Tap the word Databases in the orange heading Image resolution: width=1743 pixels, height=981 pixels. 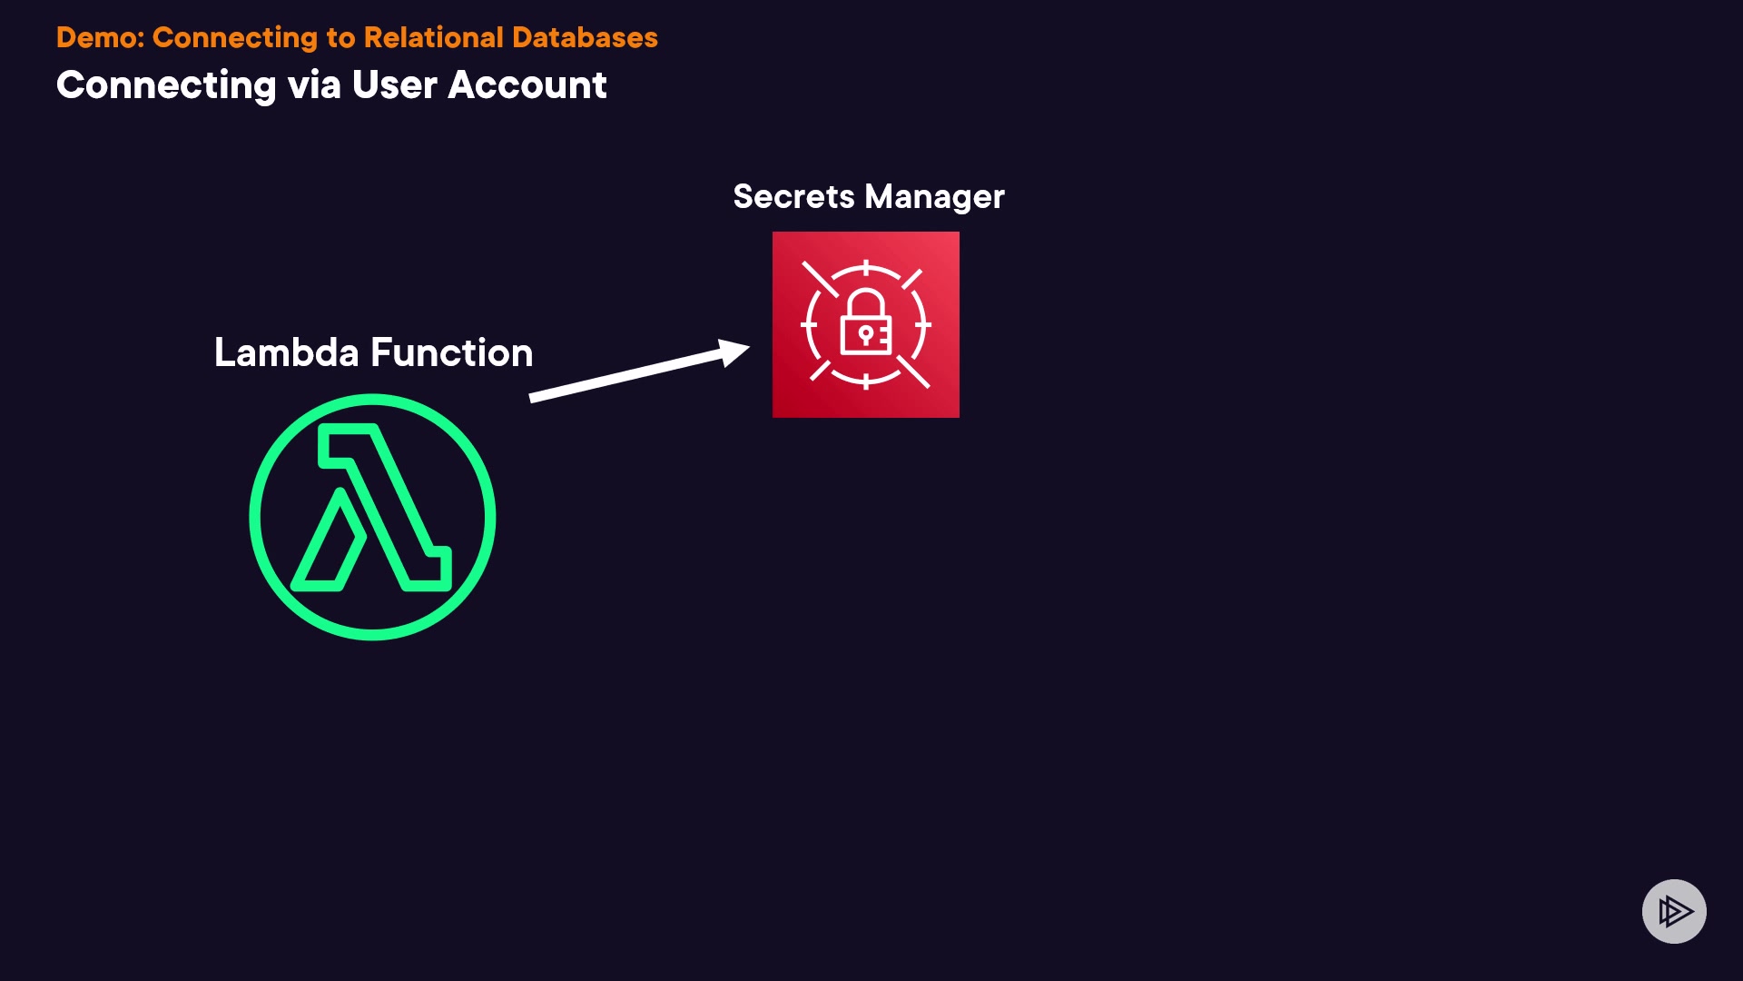[585, 37]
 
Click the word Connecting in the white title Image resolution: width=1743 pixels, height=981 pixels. [166, 85]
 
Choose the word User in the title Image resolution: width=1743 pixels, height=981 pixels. [395, 85]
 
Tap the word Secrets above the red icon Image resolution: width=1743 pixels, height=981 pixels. [793, 197]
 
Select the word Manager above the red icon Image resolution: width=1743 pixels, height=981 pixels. [934, 198]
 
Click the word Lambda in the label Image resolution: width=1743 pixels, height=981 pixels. [286, 352]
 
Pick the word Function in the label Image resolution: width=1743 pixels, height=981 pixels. [451, 352]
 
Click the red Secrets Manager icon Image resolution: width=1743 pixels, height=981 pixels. [865, 324]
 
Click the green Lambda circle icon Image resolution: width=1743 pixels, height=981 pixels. [372, 517]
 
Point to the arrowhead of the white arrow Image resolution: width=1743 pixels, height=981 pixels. [737, 351]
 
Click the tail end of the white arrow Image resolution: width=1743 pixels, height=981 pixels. [534, 397]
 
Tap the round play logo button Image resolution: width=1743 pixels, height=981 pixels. [1674, 911]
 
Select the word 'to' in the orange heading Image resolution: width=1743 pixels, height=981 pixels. [340, 37]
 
